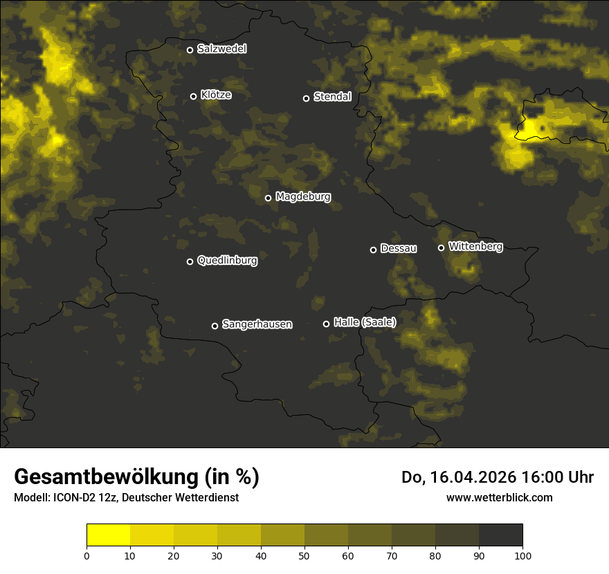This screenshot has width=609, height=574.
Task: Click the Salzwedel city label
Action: [221, 49]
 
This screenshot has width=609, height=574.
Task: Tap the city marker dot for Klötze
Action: [194, 96]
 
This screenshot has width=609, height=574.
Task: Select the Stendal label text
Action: [332, 97]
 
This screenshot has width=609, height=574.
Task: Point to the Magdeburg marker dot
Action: [269, 198]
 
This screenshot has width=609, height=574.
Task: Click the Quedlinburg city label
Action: [227, 261]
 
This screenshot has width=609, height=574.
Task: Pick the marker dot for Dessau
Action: [374, 250]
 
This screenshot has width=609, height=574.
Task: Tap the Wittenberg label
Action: [475, 246]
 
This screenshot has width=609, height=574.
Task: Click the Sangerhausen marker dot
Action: [215, 326]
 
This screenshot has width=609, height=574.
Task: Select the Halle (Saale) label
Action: [365, 322]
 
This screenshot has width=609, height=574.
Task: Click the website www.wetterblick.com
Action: [500, 497]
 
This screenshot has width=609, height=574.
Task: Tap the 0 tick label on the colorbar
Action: [87, 555]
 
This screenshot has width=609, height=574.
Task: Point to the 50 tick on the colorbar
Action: [304, 555]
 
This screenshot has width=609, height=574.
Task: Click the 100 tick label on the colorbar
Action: [522, 555]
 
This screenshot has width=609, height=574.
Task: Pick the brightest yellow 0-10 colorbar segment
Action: [109, 535]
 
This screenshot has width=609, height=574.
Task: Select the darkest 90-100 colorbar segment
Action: [501, 535]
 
